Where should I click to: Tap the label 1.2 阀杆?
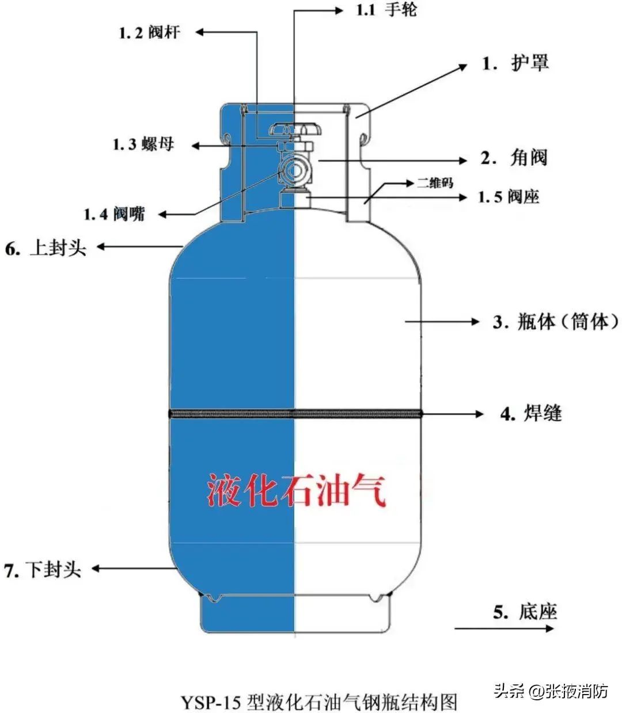pyautogui.click(x=150, y=33)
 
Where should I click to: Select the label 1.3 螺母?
pyautogui.click(x=143, y=144)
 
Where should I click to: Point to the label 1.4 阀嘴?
pyautogui.click(x=114, y=214)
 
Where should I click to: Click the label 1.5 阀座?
pyautogui.click(x=509, y=197)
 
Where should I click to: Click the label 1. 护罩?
pyautogui.click(x=515, y=63)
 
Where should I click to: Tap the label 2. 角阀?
pyautogui.click(x=514, y=158)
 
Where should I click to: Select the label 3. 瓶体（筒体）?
pyautogui.click(x=556, y=321)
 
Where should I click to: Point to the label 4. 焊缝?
pyautogui.click(x=531, y=414)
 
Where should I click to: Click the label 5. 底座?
pyautogui.click(x=525, y=612)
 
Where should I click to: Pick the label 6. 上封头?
pyautogui.click(x=45, y=248)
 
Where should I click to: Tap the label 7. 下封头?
pyautogui.click(x=42, y=569)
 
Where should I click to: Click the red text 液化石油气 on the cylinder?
pyautogui.click(x=297, y=490)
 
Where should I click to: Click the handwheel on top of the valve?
pyautogui.click(x=295, y=129)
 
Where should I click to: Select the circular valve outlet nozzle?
pyautogui.click(x=295, y=170)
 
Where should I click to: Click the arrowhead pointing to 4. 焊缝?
pyautogui.click(x=479, y=414)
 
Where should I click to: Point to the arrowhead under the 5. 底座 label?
pyautogui.click(x=549, y=628)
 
